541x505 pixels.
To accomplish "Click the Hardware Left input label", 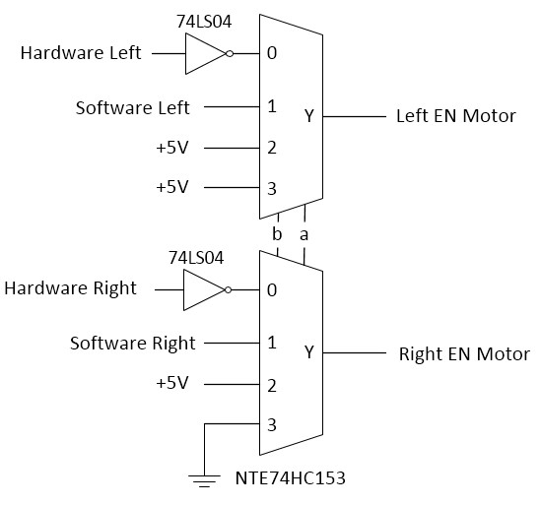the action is [81, 53].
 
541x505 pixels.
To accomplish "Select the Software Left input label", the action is [132, 108].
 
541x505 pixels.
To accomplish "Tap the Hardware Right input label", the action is [70, 288].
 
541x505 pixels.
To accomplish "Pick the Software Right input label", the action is [133, 344].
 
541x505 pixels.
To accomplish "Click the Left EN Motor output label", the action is [456, 116].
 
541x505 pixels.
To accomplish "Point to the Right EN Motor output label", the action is [464, 354].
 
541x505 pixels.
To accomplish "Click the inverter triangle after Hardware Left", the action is [206, 54].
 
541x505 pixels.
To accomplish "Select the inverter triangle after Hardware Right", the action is [204, 289].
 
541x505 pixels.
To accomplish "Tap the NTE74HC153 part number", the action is [290, 478].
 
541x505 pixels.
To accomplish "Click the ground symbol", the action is [204, 480].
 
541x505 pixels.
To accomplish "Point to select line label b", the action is [277, 234].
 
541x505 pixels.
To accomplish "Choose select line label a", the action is [304, 235].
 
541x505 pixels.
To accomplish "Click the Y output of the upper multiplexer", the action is [309, 115].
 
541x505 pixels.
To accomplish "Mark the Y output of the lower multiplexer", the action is [309, 352].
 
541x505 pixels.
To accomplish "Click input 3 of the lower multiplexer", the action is [272, 425].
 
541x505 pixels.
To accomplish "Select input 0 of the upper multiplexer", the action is [272, 53].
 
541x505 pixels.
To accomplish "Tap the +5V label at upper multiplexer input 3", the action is [172, 187].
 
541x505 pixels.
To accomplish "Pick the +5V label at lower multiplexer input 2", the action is [172, 383].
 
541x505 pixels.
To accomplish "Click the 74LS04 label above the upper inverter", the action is [204, 22].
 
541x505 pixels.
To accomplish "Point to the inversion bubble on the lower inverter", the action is [228, 289].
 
